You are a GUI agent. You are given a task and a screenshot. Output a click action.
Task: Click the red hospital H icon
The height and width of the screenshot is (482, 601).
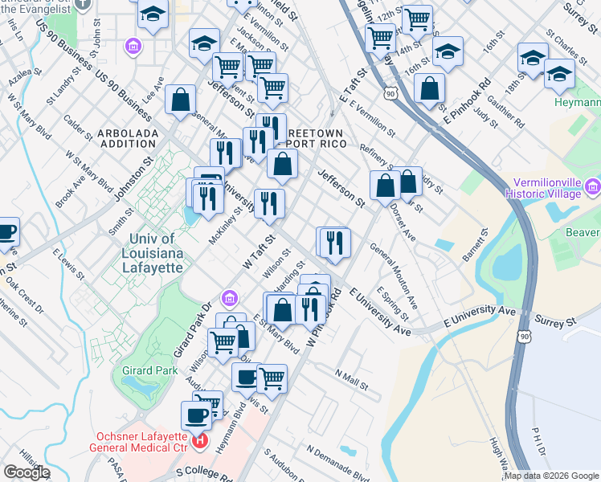(x=199, y=442)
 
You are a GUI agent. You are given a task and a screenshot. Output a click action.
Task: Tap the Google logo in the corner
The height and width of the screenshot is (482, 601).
(x=27, y=472)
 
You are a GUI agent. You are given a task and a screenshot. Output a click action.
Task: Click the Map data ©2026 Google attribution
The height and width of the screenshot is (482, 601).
(x=551, y=476)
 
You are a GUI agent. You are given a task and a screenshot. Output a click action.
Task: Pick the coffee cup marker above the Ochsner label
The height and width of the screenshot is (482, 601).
(x=196, y=415)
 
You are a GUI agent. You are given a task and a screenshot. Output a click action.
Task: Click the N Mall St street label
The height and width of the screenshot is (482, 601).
(x=351, y=380)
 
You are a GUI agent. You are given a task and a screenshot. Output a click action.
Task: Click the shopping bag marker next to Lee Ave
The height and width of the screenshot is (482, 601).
(x=181, y=100)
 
